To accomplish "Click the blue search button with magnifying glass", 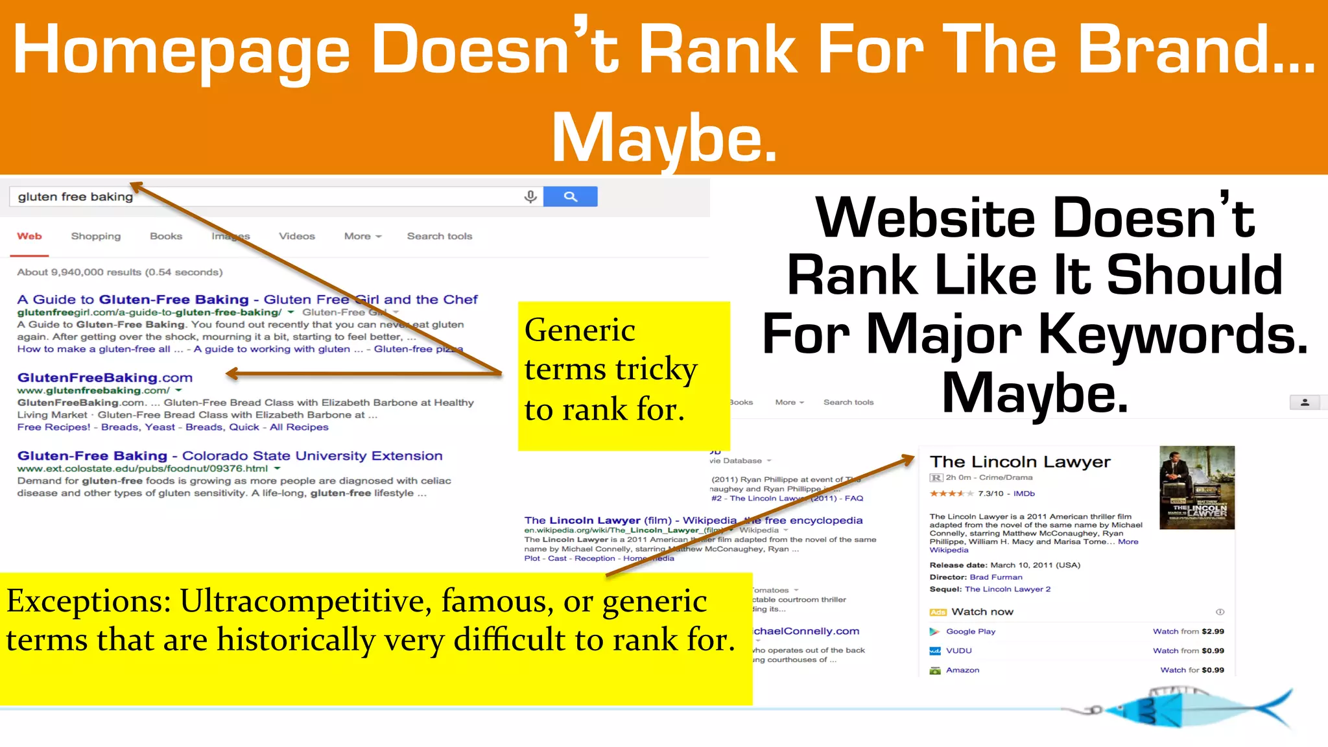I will (570, 196).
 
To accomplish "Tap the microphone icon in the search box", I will (530, 196).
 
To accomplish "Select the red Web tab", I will (29, 236).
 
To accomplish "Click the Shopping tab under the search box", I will (96, 236).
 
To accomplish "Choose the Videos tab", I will (297, 236).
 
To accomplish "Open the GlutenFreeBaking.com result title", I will (105, 377).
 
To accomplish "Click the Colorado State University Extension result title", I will (230, 456).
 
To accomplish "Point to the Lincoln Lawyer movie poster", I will (1196, 487).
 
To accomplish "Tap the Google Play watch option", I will (970, 631).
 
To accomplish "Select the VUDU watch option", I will (958, 650).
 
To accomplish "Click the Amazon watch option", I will (962, 670).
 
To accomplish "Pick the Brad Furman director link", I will (995, 577).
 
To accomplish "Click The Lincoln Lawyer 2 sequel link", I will (1007, 589).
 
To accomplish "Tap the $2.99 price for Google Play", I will (1213, 631).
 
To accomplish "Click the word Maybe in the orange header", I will (664, 137).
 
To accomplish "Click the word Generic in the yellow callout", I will (580, 330).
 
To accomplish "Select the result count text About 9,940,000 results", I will (120, 272).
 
